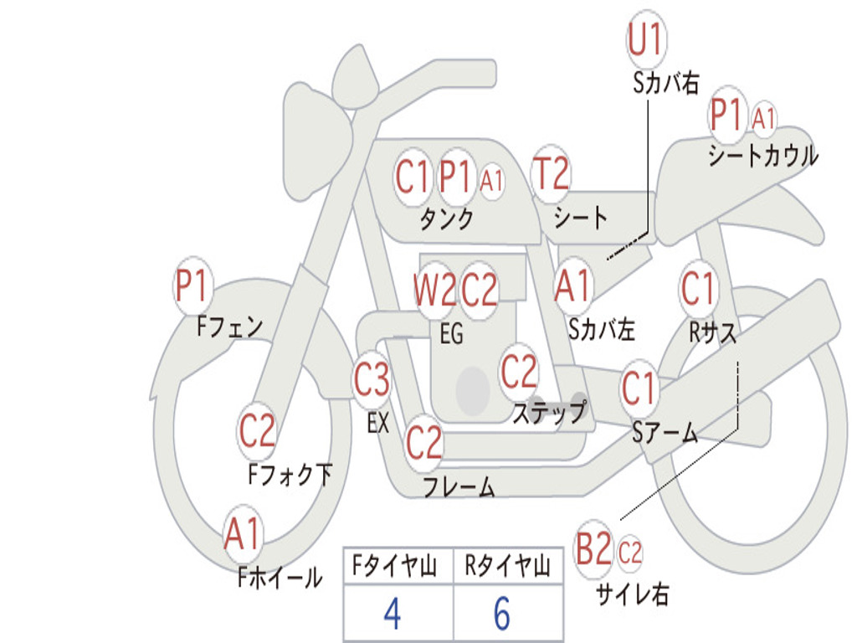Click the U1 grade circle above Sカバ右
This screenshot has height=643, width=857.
coord(645,40)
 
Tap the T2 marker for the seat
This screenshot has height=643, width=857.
coord(551,174)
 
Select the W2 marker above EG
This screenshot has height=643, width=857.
coord(434,291)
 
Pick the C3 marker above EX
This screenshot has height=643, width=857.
coord(372,380)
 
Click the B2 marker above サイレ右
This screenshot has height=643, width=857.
coord(594,551)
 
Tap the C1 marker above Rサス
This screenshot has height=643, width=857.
coord(699,289)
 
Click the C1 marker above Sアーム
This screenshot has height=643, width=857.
coord(639,388)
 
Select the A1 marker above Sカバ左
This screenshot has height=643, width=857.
coord(574,285)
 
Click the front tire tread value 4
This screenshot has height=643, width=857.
coord(392,614)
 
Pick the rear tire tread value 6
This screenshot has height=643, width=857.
coord(501,614)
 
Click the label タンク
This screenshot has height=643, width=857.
coord(446,219)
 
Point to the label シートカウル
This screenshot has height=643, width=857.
coord(762,156)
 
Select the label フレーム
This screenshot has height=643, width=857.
coord(459,486)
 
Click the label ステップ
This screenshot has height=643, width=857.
coord(549,413)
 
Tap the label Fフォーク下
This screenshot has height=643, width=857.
coord(290,475)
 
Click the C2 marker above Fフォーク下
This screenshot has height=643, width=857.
coord(257,430)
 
